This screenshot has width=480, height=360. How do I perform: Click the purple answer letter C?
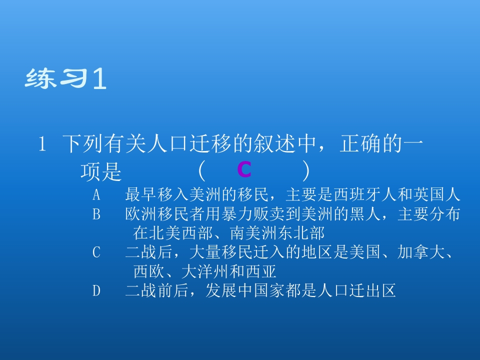[244, 171]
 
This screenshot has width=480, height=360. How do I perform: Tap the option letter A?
[96, 194]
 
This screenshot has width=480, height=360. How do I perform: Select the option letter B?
[96, 214]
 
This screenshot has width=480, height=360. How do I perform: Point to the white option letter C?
[96, 253]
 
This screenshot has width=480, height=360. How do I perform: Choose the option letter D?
[96, 290]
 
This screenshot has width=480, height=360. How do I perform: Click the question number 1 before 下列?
[42, 145]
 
